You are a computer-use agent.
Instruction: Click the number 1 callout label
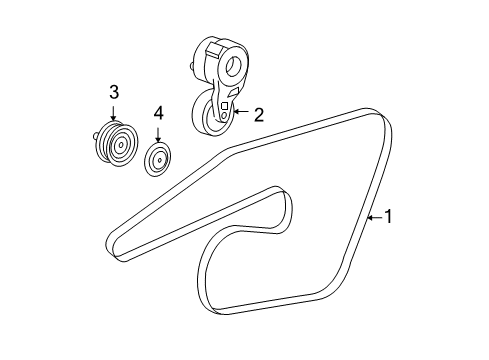(390, 216)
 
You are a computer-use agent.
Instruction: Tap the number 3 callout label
(113, 92)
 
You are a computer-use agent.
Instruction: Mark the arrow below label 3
(113, 115)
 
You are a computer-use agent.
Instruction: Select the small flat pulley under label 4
(158, 159)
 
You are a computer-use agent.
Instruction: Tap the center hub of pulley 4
(158, 159)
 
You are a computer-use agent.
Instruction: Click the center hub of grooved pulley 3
(121, 146)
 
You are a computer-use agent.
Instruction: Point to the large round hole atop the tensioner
(236, 68)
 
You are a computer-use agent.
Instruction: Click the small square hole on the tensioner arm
(226, 104)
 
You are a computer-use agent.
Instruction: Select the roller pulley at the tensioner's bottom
(213, 116)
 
